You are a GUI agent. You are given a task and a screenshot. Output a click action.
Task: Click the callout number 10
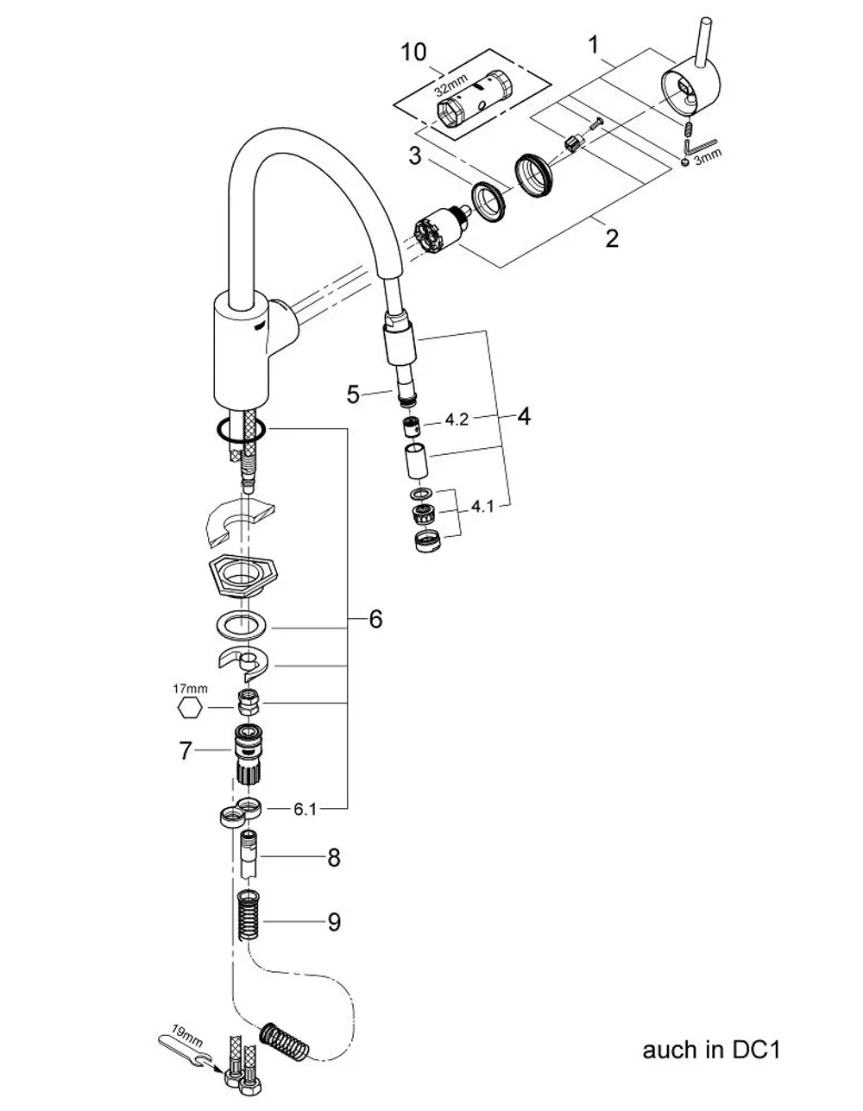pyautogui.click(x=413, y=52)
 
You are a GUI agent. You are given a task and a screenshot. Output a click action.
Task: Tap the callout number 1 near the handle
pyautogui.click(x=593, y=45)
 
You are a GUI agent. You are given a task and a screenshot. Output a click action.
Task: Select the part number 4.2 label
pyautogui.click(x=457, y=420)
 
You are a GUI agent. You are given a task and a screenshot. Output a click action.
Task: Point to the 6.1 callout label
pyautogui.click(x=305, y=810)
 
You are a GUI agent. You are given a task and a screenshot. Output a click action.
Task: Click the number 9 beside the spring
pyautogui.click(x=333, y=922)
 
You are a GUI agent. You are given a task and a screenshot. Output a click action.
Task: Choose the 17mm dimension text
pyautogui.click(x=190, y=689)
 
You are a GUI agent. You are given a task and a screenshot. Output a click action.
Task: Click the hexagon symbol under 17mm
pyautogui.click(x=190, y=708)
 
